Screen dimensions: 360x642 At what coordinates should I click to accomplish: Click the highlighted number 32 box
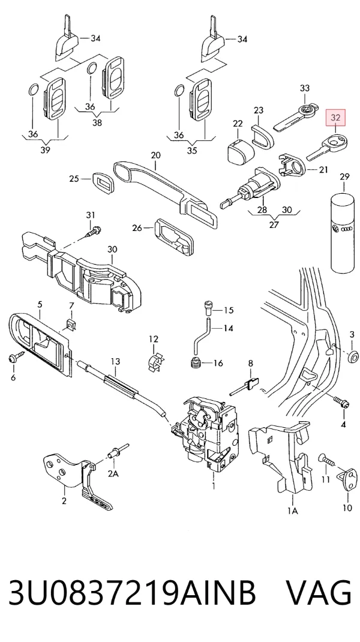tap(335, 118)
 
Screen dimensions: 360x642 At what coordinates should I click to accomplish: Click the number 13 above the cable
tap(115, 362)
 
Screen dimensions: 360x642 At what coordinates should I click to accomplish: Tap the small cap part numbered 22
tap(239, 150)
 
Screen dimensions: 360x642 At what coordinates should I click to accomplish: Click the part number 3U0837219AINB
tap(132, 592)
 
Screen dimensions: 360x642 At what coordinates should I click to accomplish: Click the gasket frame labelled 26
tap(173, 238)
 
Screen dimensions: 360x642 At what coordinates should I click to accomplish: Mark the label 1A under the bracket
tap(292, 511)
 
